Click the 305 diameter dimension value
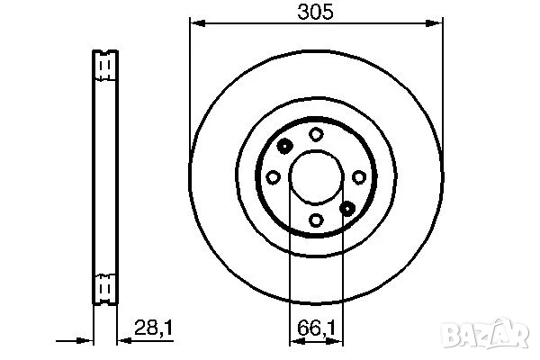pyautogui.click(x=315, y=12)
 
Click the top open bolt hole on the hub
pyautogui.click(x=316, y=134)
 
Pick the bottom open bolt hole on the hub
pyautogui.click(x=316, y=219)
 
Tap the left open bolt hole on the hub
pyautogui.click(x=274, y=177)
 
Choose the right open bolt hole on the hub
pyautogui.click(x=358, y=177)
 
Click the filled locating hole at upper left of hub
pyautogui.click(x=284, y=147)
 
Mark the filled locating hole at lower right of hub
pyautogui.click(x=347, y=208)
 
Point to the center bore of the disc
pyautogui.click(x=316, y=177)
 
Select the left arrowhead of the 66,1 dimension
pyautogui.click(x=293, y=340)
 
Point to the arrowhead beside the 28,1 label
pyautogui.click(x=120, y=340)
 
